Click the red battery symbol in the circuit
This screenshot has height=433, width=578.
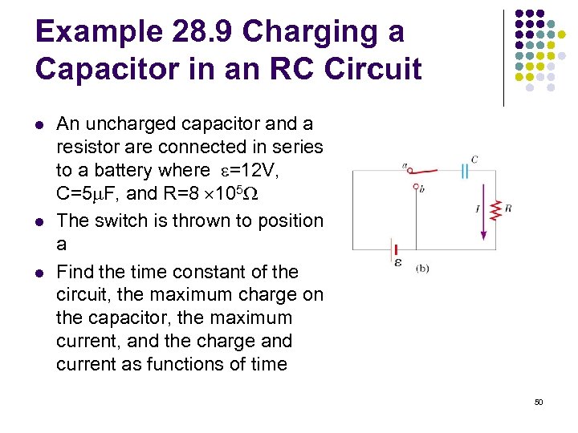(393, 250)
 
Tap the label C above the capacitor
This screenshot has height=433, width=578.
(474, 160)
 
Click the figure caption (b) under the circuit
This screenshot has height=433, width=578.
(422, 268)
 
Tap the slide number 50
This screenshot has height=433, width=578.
(539, 401)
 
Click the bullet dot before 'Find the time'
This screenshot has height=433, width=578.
(39, 273)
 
